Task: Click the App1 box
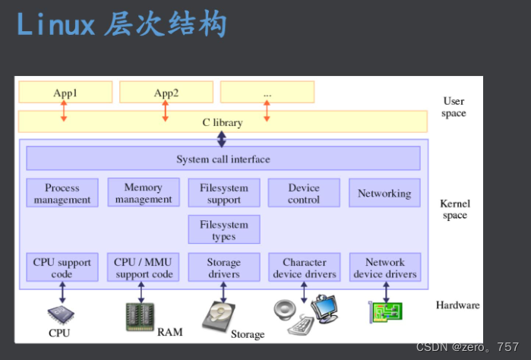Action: (x=65, y=93)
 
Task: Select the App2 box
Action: (x=166, y=93)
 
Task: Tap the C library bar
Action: (x=223, y=122)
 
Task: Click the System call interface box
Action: (x=223, y=159)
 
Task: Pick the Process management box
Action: (x=62, y=193)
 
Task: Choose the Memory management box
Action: (x=144, y=193)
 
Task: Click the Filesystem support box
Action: (x=223, y=193)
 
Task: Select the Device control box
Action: (x=304, y=193)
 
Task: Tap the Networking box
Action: (x=384, y=193)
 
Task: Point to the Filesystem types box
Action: (x=223, y=229)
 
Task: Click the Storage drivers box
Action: (x=223, y=267)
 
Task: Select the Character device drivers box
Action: (x=304, y=267)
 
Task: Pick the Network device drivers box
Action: (x=384, y=267)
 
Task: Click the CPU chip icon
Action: (x=60, y=314)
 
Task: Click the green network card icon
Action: (x=385, y=311)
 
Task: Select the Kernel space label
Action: (x=454, y=209)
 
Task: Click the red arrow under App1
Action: (x=64, y=110)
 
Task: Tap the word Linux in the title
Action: (x=55, y=24)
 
